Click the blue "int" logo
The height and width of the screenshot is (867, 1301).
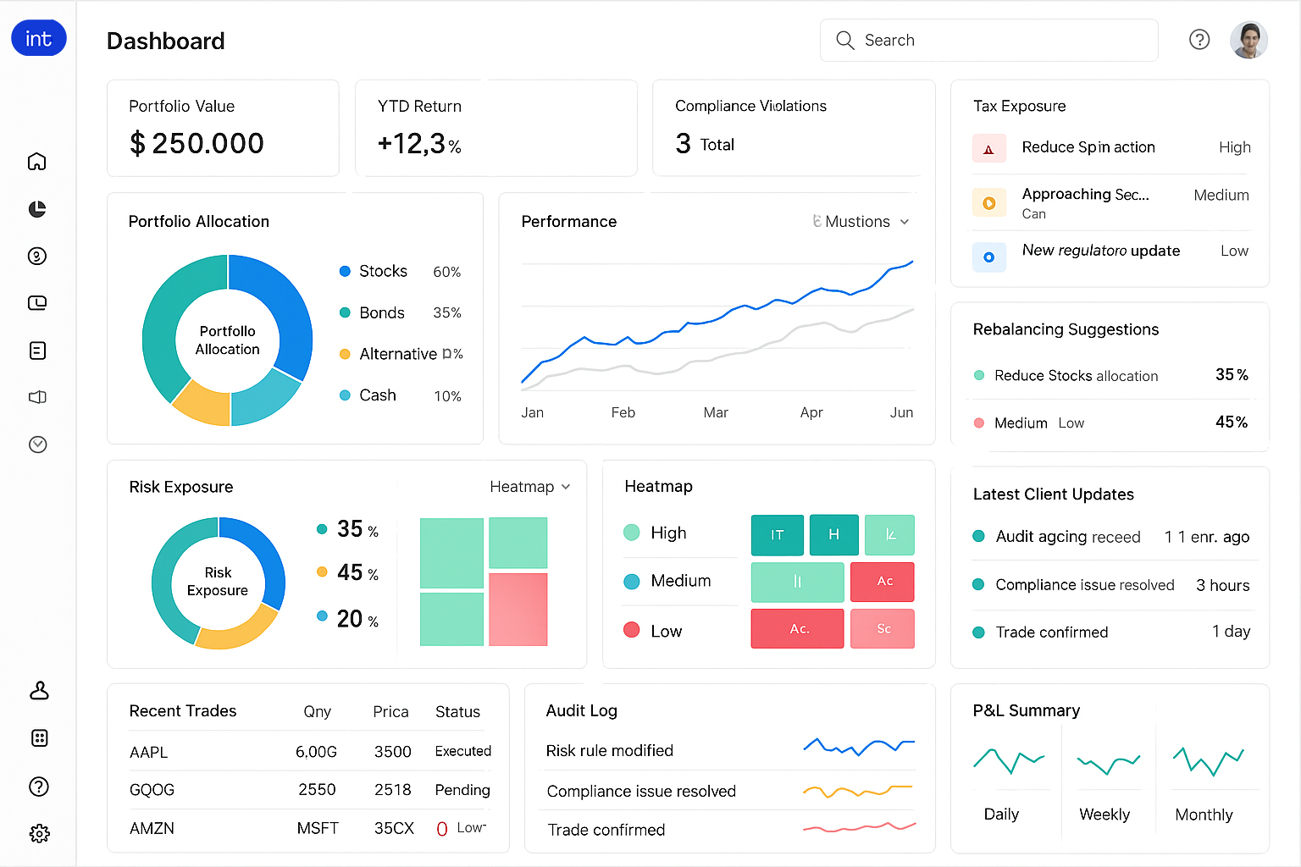39,39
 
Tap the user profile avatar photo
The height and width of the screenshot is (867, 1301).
1248,40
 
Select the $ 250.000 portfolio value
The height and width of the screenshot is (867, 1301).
197,144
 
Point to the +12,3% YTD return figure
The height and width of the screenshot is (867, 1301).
419,144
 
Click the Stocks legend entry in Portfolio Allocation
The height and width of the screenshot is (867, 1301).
383,271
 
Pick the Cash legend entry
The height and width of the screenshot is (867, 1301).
377,395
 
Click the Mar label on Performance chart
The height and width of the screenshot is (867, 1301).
716,412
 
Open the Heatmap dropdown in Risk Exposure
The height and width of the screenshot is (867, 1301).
530,487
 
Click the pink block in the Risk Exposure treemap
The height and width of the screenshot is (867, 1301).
518,609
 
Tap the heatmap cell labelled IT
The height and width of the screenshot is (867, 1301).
777,535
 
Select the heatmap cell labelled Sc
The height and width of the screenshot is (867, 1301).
883,629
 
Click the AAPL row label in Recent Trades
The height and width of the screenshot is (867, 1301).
149,752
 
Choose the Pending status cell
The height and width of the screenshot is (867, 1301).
462,790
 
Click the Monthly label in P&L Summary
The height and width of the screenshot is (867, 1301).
1204,815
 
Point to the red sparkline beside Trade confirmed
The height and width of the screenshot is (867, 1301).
859,827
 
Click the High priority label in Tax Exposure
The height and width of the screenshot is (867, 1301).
1234,147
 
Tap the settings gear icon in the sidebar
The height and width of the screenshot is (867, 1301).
39,834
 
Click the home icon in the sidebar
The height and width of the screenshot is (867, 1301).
37,162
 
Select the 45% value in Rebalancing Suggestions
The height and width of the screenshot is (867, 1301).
1232,422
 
